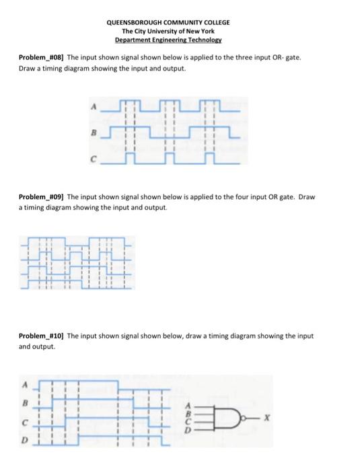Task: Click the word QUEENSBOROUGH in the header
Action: pyautogui.click(x=139, y=22)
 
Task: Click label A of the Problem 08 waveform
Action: pyautogui.click(x=92, y=106)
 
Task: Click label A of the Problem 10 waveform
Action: pyautogui.click(x=24, y=386)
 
